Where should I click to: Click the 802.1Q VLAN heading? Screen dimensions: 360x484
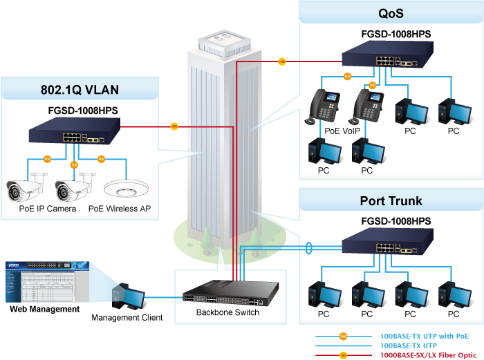pyautogui.click(x=80, y=89)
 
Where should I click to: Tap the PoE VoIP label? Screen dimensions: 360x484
pyautogui.click(x=342, y=130)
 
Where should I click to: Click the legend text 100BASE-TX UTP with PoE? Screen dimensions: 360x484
pyautogui.click(x=424, y=335)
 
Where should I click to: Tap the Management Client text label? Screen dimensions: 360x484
pyautogui.click(x=127, y=318)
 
